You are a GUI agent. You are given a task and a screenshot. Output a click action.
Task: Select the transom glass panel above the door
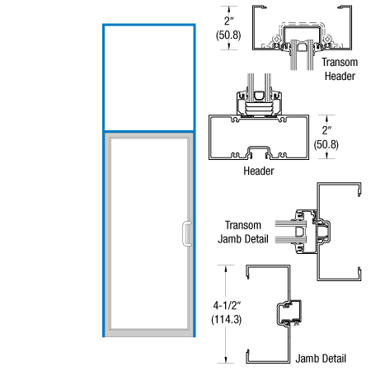(x=148, y=78)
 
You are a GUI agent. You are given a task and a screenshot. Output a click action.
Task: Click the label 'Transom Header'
(x=339, y=69)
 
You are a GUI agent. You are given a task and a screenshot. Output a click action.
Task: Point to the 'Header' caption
(x=258, y=171)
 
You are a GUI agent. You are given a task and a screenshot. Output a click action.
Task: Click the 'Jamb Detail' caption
(x=324, y=359)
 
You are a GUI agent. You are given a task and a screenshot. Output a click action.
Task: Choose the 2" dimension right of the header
(x=327, y=129)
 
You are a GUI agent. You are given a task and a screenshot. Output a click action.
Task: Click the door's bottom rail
(x=148, y=331)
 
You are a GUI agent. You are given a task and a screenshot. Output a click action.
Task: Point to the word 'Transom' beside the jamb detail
(x=244, y=225)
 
